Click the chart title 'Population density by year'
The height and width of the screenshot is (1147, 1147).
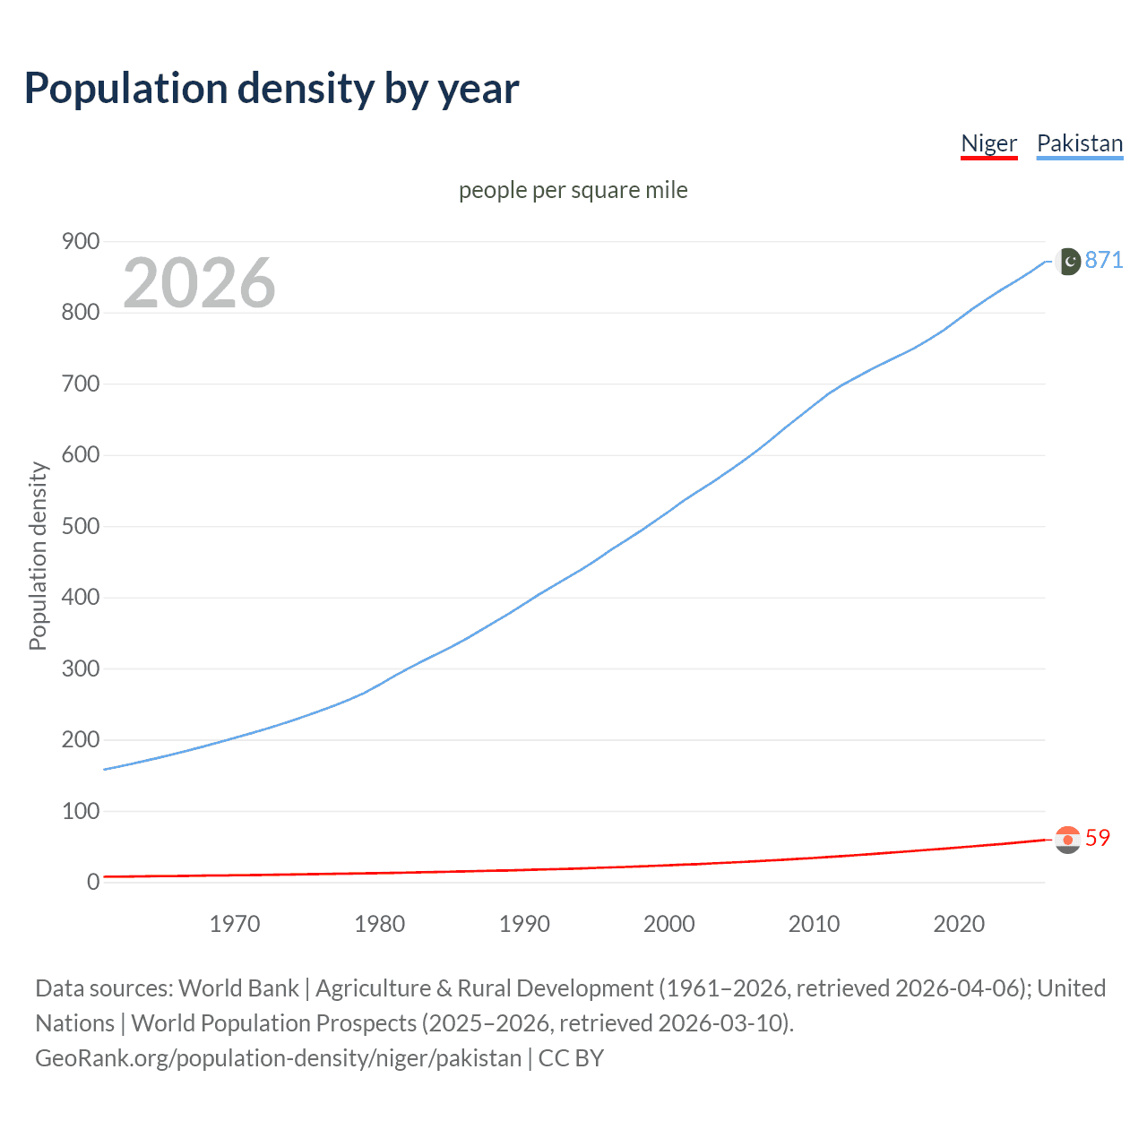pyautogui.click(x=272, y=89)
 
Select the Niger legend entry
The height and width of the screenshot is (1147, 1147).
pyautogui.click(x=988, y=143)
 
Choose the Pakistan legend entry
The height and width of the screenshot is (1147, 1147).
pyautogui.click(x=1079, y=143)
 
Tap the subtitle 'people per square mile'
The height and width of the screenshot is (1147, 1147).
pyautogui.click(x=573, y=190)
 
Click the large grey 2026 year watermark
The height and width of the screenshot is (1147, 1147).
pyautogui.click(x=199, y=283)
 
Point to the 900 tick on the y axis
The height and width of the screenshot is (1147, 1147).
pyautogui.click(x=80, y=241)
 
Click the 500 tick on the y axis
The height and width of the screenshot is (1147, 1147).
pyautogui.click(x=80, y=526)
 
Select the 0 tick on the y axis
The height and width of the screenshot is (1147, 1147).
pyautogui.click(x=93, y=882)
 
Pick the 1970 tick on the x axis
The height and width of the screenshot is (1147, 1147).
pyautogui.click(x=235, y=924)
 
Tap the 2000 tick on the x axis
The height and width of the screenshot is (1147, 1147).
pyautogui.click(x=668, y=924)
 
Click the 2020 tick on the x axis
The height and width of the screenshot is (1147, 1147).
pyautogui.click(x=959, y=924)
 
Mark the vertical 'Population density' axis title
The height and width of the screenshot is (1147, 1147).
pyautogui.click(x=38, y=556)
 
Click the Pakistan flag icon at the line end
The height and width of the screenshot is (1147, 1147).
pyautogui.click(x=1068, y=262)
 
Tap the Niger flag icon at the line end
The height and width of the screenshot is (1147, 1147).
pyautogui.click(x=1067, y=840)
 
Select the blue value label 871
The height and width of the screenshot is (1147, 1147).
pyautogui.click(x=1104, y=260)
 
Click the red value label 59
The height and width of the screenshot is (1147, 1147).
pyautogui.click(x=1098, y=838)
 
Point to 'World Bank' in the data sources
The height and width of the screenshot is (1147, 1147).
pyautogui.click(x=238, y=988)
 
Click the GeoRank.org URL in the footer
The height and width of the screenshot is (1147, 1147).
pyautogui.click(x=278, y=1058)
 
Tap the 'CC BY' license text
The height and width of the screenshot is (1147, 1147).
pyautogui.click(x=571, y=1058)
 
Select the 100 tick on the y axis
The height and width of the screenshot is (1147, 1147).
pyautogui.click(x=80, y=811)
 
